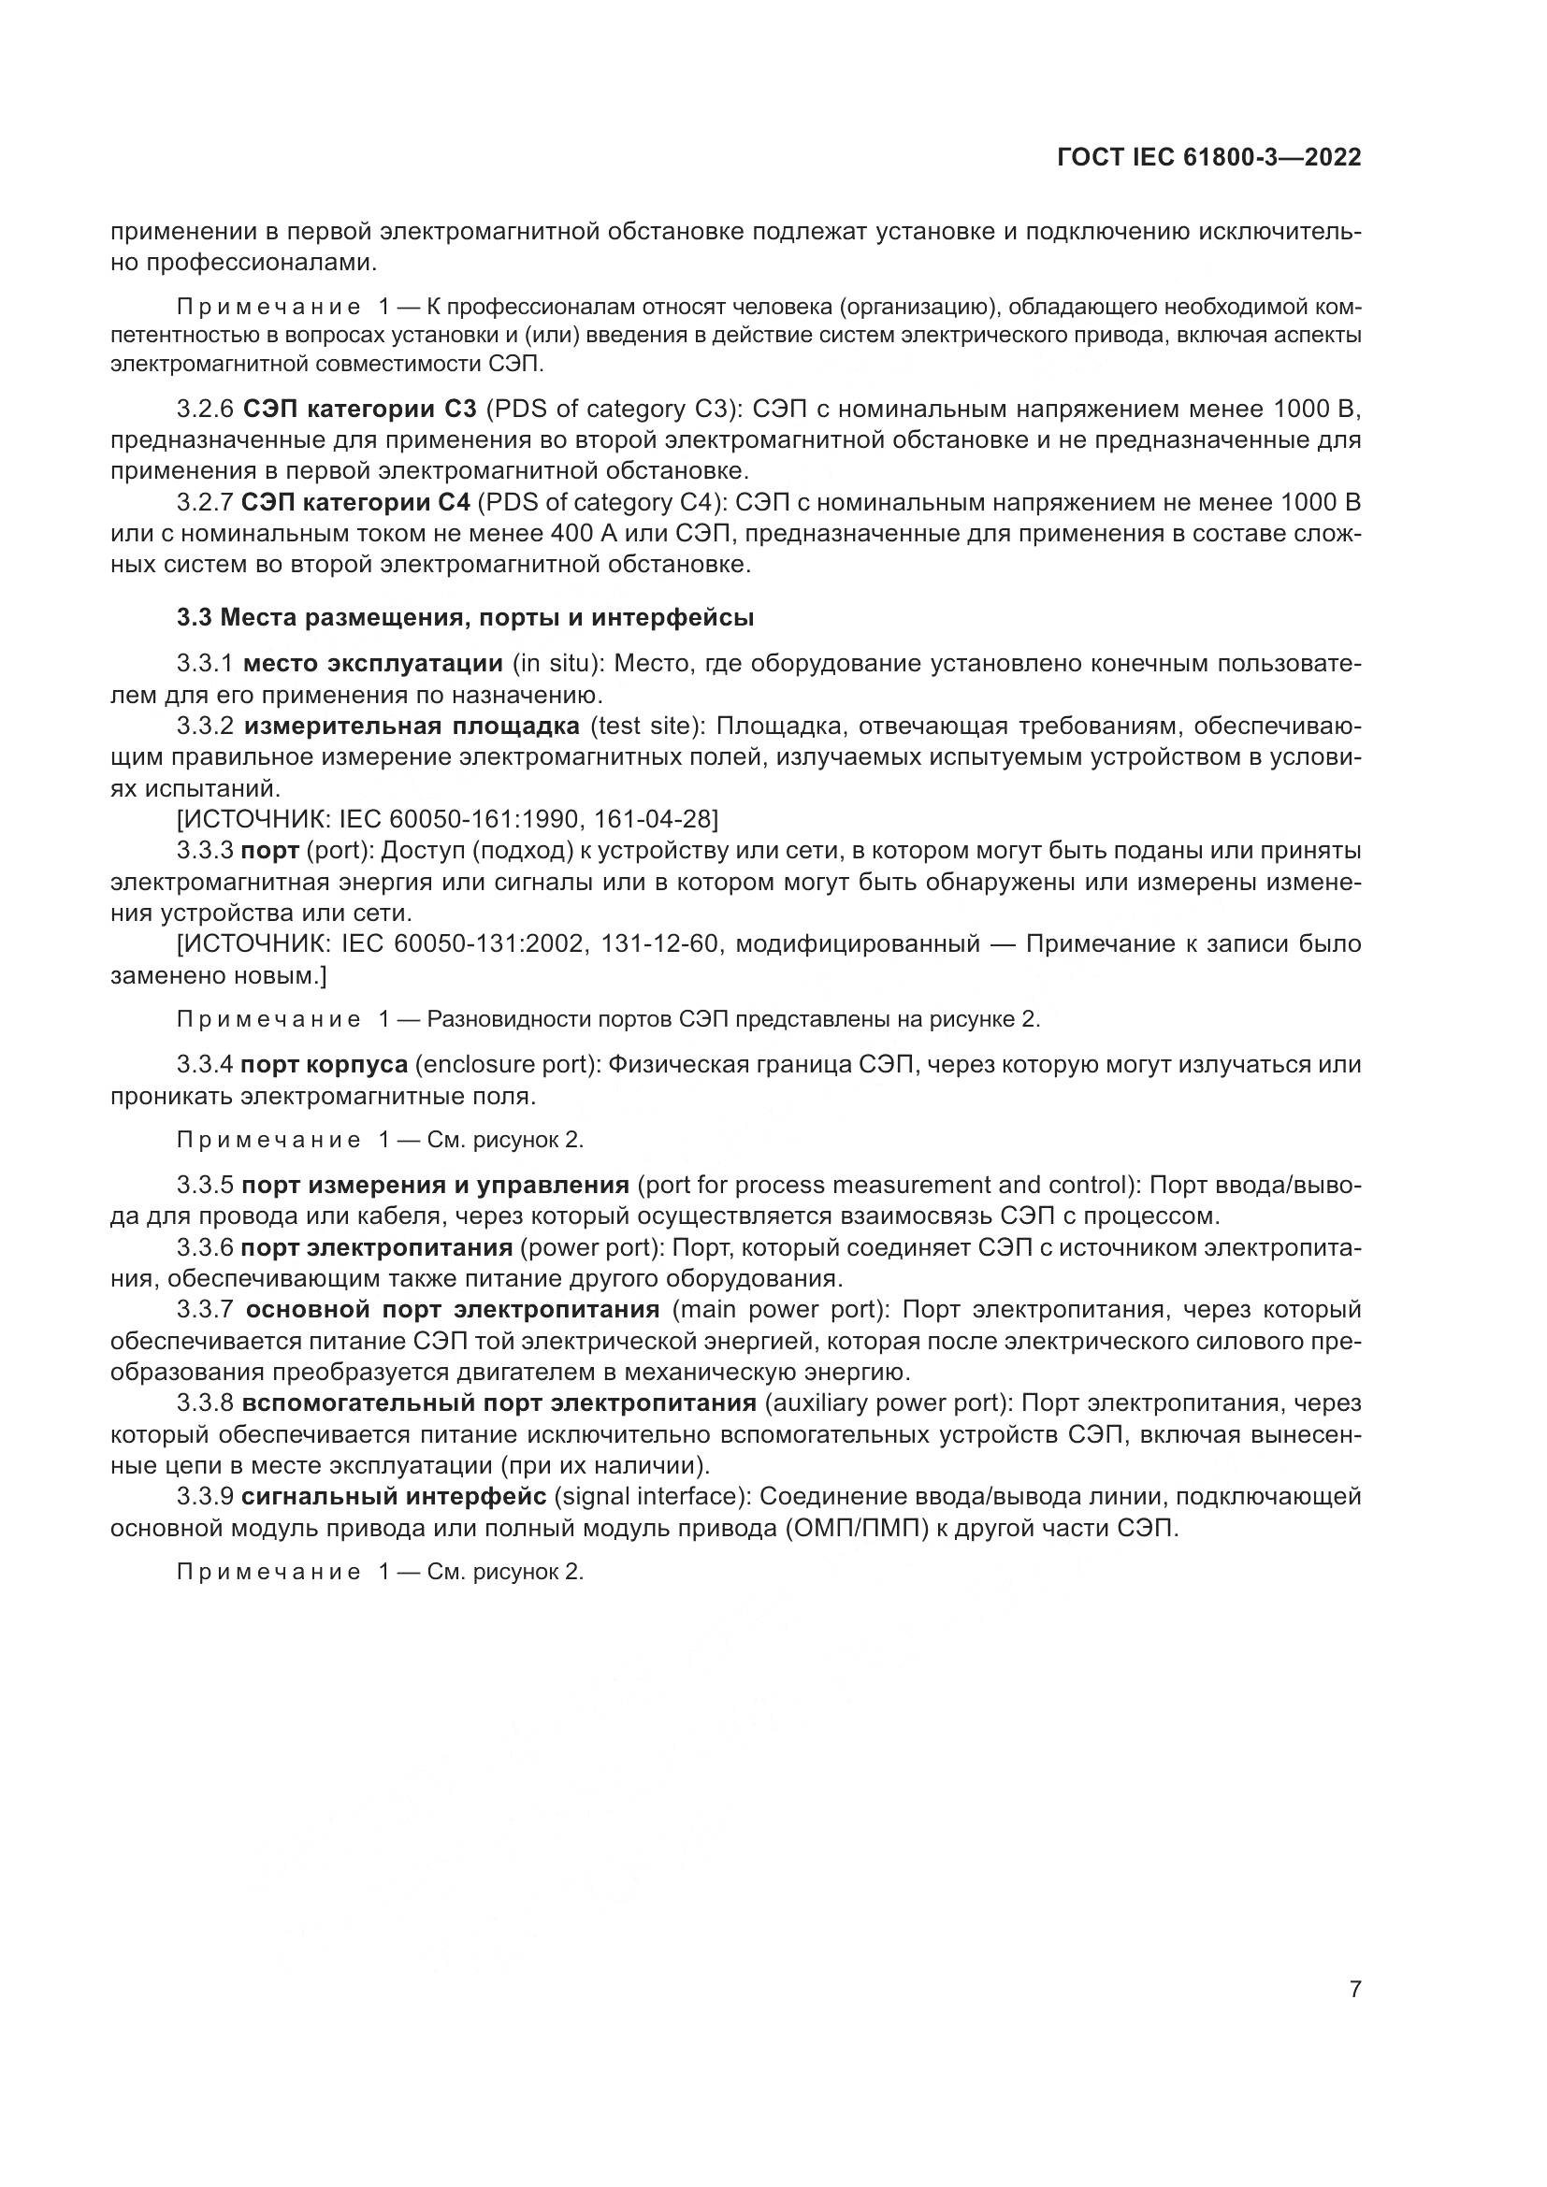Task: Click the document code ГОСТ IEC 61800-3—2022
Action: [1207, 158]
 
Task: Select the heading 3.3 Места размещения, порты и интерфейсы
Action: [465, 618]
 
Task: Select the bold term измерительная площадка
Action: [412, 727]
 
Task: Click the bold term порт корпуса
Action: [325, 1065]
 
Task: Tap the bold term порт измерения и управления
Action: [435, 1186]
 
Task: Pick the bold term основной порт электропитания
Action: [452, 1311]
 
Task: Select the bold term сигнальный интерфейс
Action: [394, 1497]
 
